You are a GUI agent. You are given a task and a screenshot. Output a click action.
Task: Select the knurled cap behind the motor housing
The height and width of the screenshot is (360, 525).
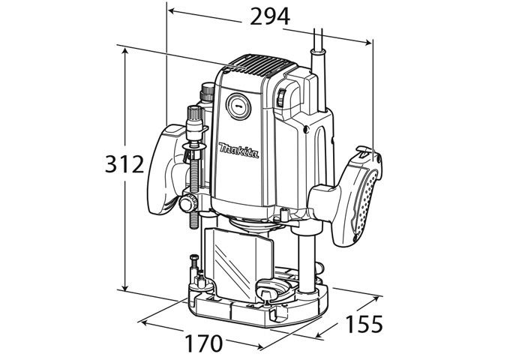point(206,94)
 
